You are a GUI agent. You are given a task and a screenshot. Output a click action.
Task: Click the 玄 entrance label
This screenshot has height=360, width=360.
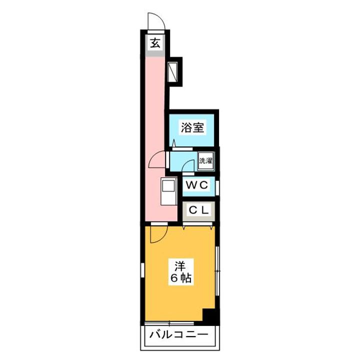pos(155,42)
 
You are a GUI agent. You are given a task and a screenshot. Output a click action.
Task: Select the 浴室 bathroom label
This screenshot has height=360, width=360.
pos(192,127)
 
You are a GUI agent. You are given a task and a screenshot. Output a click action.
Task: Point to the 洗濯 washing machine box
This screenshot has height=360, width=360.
pos(205,160)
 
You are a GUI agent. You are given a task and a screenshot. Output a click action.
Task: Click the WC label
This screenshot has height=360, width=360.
pos(196,185)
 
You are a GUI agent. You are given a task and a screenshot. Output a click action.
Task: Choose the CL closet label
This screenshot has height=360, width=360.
pos(198,210)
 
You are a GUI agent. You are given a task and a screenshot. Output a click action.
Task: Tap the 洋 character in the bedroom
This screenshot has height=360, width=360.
pos(180,265)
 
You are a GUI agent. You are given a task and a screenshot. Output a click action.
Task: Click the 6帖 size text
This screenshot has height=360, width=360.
pos(180,278)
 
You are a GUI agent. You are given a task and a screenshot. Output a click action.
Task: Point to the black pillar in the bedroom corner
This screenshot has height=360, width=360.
pos(210,316)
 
